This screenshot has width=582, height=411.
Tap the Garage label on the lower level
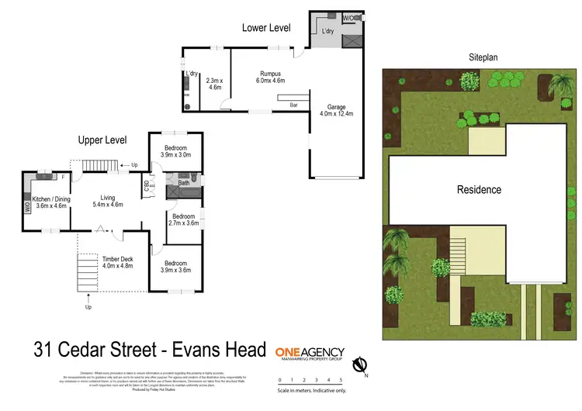tap(336, 108)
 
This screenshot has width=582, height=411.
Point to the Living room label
tap(107, 198)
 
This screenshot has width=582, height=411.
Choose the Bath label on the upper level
tap(183, 184)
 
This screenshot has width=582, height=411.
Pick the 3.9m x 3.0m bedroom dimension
tap(175, 154)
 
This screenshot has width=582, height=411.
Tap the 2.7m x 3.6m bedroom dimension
tap(184, 223)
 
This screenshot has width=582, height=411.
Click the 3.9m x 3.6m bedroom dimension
tap(175, 271)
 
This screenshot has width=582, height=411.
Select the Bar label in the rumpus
tap(294, 104)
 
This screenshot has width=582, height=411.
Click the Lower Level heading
tap(266, 28)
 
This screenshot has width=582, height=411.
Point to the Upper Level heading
tap(102, 140)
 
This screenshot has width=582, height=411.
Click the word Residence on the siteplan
tap(479, 189)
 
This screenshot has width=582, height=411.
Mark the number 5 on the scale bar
tap(341, 379)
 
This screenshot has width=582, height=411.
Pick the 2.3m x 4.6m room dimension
tap(214, 84)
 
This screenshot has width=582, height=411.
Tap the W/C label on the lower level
tap(349, 17)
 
